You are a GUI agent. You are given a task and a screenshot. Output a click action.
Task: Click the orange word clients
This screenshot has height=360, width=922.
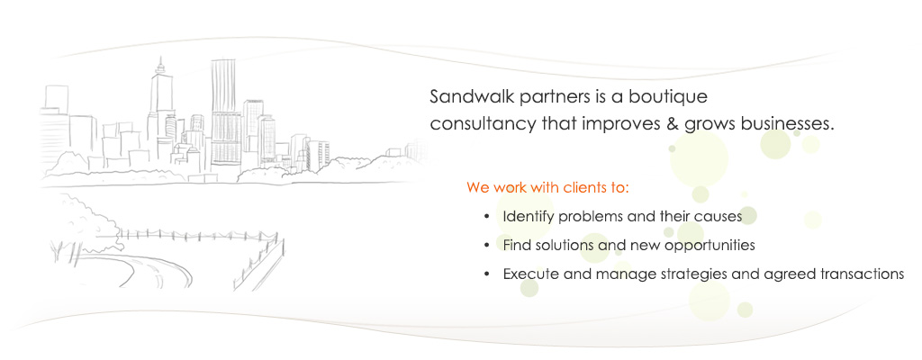coord(585,188)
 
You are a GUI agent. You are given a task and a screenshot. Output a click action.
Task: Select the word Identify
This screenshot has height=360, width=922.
coord(528,217)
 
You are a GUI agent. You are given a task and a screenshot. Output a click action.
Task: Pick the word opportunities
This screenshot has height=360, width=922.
coord(710,246)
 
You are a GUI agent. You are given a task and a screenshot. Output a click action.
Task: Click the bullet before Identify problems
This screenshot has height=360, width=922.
coord(486,217)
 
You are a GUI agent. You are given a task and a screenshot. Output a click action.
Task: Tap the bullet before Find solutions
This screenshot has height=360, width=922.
coord(486,246)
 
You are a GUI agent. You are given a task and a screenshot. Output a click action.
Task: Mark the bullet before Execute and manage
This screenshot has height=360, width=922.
coord(486,274)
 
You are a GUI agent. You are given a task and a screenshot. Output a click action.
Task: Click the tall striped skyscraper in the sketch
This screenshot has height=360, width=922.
coord(224,112)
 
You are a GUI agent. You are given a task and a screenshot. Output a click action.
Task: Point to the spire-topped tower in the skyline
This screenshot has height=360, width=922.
coord(159,106)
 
